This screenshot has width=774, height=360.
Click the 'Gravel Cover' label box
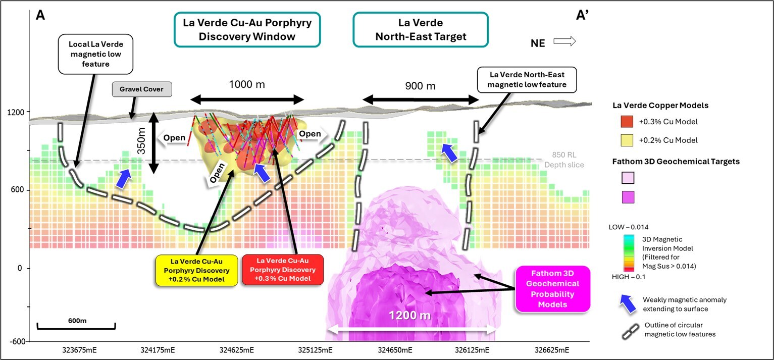pyautogui.click(x=142, y=90)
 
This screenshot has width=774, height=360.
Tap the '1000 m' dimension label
pyautogui.click(x=247, y=85)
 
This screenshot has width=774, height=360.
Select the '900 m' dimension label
pyautogui.click(x=420, y=86)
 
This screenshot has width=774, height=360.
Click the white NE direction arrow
pyautogui.click(x=564, y=42)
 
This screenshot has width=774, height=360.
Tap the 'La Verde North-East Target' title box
pyautogui.click(x=421, y=30)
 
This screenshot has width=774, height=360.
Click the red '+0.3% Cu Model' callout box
pyautogui.click(x=282, y=270)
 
